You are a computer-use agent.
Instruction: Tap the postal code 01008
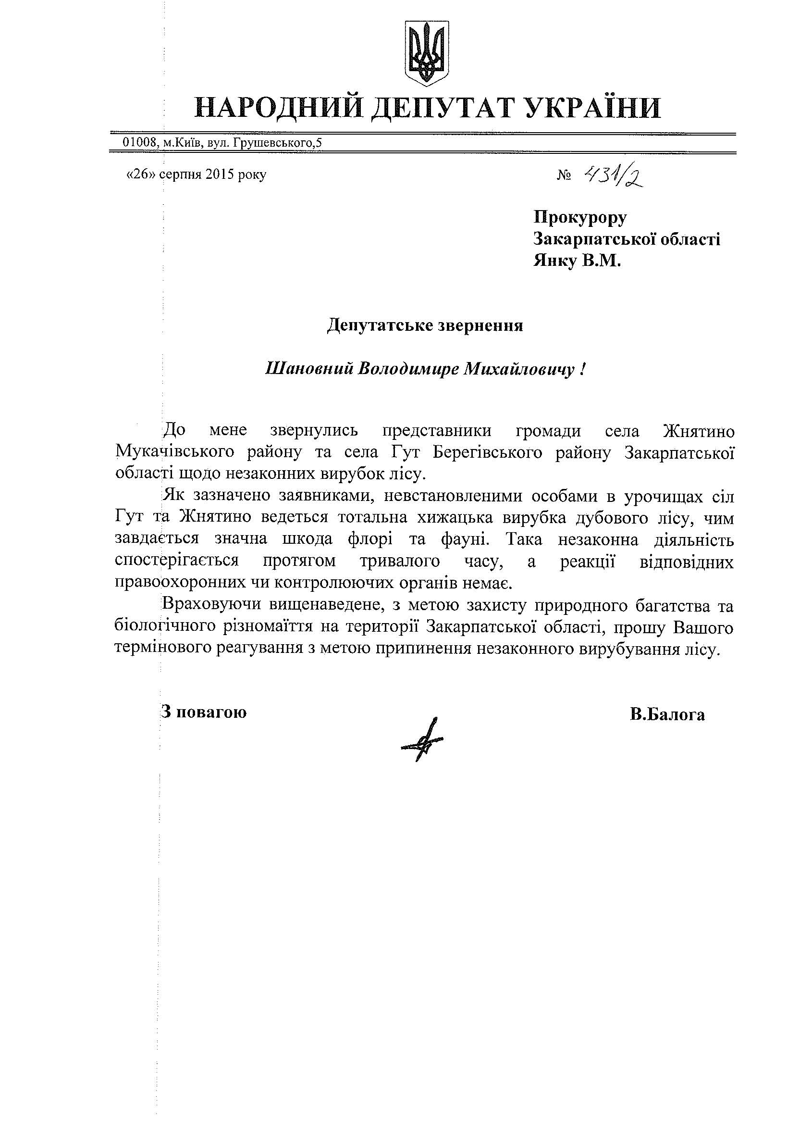140,143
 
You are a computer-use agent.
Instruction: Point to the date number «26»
141,175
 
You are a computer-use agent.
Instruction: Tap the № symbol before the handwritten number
564,176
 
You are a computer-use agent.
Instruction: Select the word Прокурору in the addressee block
580,217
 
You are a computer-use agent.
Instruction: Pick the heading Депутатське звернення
425,326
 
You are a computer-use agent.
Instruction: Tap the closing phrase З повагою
204,712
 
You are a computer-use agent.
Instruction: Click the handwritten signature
424,739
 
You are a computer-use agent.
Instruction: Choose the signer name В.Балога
667,714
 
